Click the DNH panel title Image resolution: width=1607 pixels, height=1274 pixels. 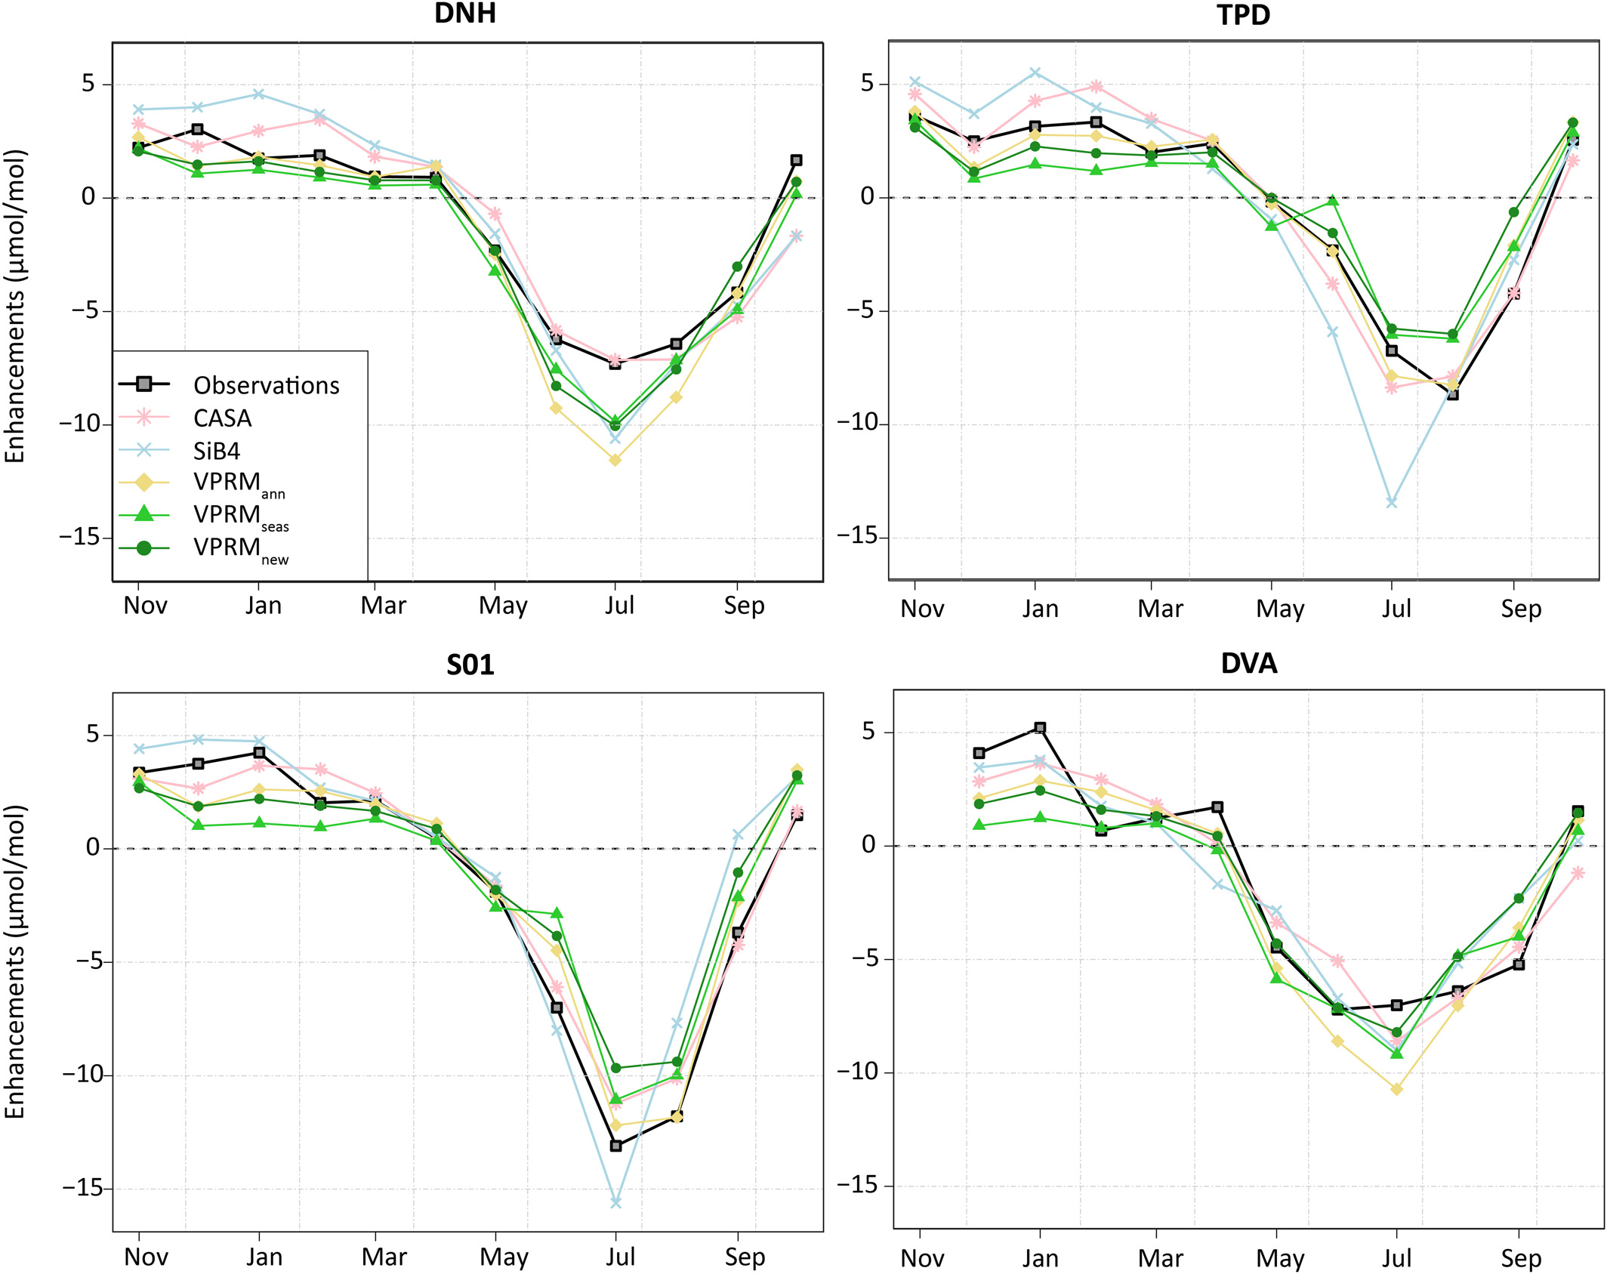(464, 14)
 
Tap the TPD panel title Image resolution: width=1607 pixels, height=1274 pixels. (1244, 15)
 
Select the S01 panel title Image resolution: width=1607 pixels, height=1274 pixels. (470, 665)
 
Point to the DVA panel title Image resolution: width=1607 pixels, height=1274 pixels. (1249, 664)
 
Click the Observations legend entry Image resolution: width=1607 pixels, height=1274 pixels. (266, 386)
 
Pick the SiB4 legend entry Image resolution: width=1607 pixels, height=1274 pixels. (216, 452)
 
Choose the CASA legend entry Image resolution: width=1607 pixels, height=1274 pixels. (222, 418)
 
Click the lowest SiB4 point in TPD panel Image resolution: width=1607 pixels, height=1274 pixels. (1392, 503)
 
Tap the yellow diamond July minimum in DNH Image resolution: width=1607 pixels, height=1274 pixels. (615, 460)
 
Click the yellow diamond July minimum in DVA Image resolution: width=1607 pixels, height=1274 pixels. (1396, 1090)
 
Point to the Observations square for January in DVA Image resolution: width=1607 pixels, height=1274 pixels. (1040, 728)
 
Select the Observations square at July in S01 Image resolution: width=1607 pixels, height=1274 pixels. (616, 1146)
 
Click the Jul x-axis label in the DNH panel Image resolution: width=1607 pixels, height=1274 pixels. (619, 606)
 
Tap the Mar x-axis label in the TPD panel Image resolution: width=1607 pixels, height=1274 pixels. (1160, 609)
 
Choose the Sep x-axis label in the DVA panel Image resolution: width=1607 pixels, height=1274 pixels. (1520, 1259)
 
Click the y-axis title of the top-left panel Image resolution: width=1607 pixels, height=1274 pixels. (15, 307)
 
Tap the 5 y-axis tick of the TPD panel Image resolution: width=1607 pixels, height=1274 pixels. (868, 84)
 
